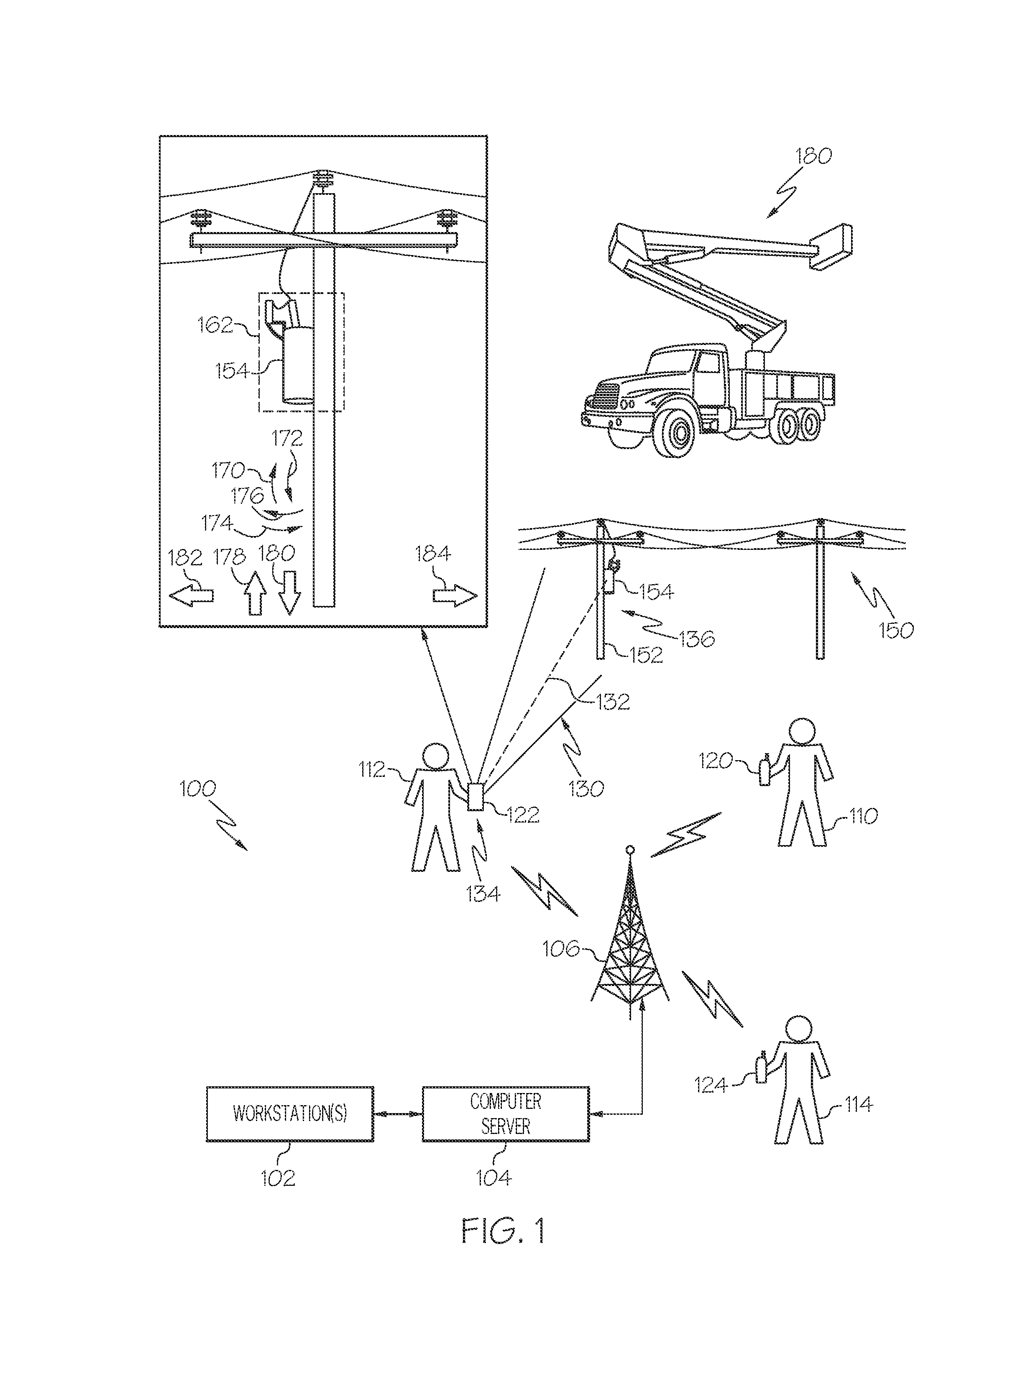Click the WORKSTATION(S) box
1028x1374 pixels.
289,1114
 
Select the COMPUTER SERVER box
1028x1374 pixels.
506,1114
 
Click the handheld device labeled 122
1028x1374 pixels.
476,797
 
